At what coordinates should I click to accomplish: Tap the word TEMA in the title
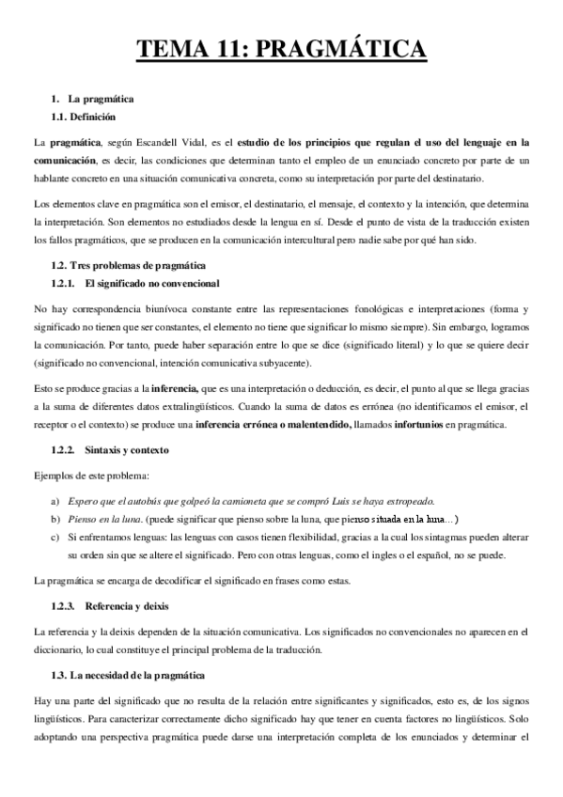(170, 47)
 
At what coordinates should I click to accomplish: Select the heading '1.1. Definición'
(83, 117)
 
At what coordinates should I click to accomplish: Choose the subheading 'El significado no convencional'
(151, 283)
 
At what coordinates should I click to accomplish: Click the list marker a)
(55, 500)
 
